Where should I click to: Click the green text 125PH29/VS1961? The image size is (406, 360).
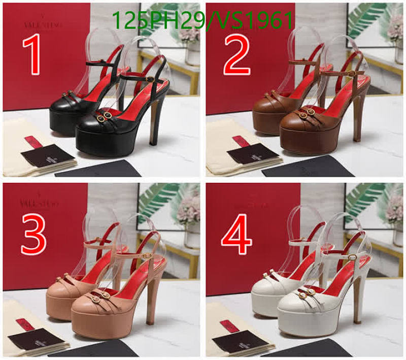pos(202,21)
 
